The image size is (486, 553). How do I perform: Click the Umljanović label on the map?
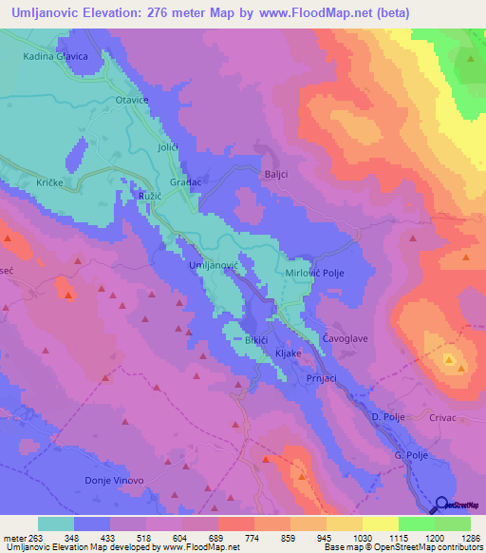[x=213, y=264]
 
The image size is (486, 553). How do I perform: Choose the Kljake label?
[x=288, y=353]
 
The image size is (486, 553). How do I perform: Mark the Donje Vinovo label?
[x=115, y=481]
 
